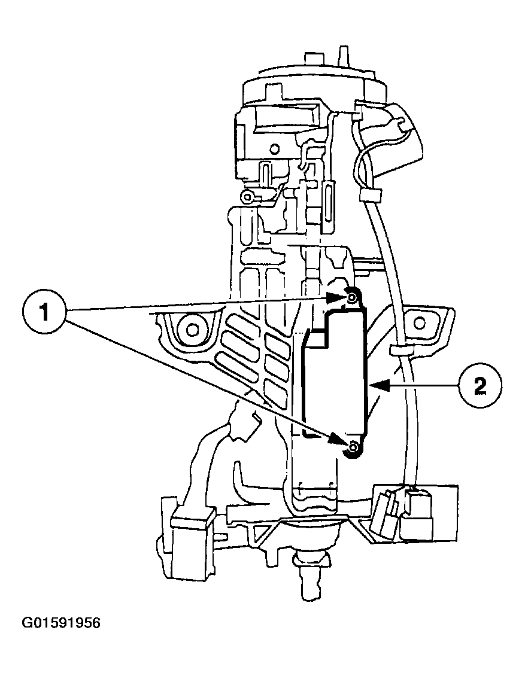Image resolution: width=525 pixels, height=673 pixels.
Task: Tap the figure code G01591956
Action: pyautogui.click(x=61, y=623)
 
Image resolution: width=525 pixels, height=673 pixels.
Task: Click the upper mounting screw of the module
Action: pyautogui.click(x=352, y=296)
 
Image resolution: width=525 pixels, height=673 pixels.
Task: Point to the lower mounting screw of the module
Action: pyautogui.click(x=353, y=447)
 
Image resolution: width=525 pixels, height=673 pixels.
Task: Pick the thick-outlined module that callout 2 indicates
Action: pyautogui.click(x=335, y=377)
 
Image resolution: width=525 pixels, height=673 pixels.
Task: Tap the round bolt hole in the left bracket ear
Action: pyautogui.click(x=192, y=328)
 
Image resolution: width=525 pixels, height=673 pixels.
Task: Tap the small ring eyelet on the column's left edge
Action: pyautogui.click(x=245, y=196)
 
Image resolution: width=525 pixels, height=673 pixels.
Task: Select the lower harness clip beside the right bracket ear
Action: pyautogui.click(x=399, y=350)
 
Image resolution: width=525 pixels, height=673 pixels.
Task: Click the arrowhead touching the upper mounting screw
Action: pyautogui.click(x=335, y=296)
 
